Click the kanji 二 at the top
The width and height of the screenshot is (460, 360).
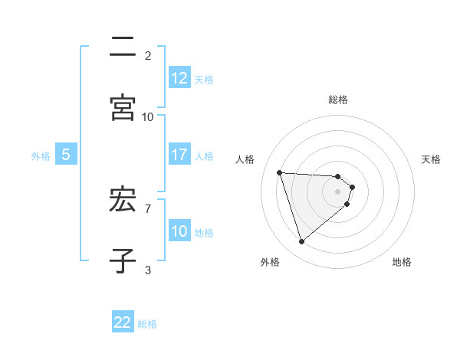pos(123,47)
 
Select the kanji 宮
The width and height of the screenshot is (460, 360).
pos(123,108)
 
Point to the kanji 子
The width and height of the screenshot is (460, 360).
pos(123,260)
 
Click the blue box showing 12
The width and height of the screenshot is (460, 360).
pos(179,78)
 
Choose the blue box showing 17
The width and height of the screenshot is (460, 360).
pos(179,155)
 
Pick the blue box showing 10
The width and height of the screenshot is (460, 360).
pos(179,231)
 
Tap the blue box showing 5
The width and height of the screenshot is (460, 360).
pos(66,155)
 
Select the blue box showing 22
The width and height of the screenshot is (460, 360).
pos(123,322)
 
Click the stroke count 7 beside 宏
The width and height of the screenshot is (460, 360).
pos(147,208)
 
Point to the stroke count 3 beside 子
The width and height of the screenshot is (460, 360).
pos(147,269)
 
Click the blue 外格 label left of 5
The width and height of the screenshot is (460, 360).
pos(41,155)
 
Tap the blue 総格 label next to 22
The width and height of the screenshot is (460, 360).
pos(147,323)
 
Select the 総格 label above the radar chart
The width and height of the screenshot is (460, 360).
pos(338,100)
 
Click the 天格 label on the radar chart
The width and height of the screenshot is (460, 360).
pos(432,159)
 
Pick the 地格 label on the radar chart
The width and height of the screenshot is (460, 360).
pos(402,262)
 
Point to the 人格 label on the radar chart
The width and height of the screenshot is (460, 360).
pos(245,159)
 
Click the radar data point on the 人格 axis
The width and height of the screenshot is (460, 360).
pos(280,172)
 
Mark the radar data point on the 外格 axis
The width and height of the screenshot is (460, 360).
pos(301,242)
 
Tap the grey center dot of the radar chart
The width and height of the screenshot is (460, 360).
pos(337,202)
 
